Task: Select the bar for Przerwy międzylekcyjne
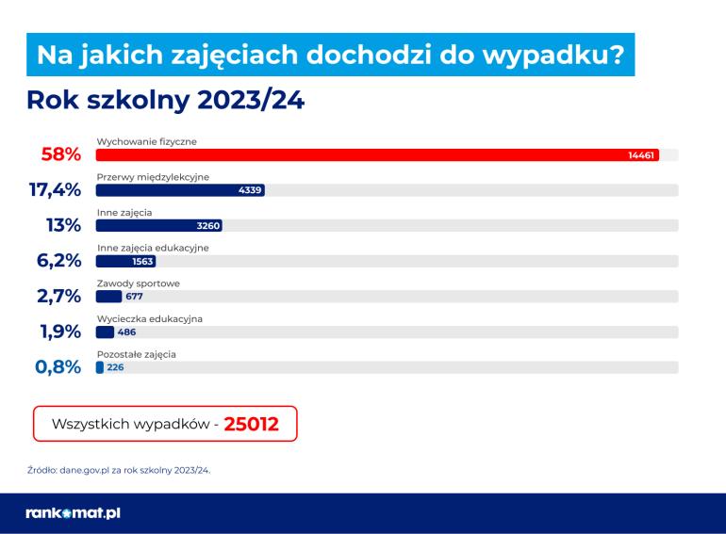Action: coord(179,190)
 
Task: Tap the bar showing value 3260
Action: coord(158,226)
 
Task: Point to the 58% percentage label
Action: coord(61,155)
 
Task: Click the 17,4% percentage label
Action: coord(55,190)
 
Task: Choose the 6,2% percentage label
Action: coord(58,262)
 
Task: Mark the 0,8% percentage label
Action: coord(58,367)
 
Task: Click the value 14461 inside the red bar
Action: coord(641,154)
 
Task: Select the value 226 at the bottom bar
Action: coord(115,367)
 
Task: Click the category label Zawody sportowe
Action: coord(139,283)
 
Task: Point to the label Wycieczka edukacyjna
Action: coord(150,318)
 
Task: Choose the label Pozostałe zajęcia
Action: coord(137,354)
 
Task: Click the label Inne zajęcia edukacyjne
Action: coord(153,248)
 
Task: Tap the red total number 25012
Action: coord(251,424)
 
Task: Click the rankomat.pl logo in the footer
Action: coord(74,513)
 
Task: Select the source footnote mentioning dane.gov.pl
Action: coord(119,468)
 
